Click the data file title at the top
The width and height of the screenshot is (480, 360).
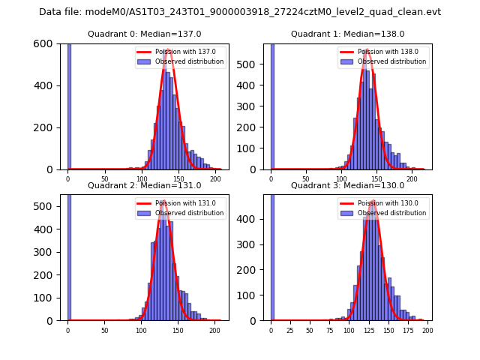click(x=240, y=12)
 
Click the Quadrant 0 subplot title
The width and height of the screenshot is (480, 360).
click(x=145, y=34)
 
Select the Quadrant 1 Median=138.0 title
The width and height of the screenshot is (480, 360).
click(x=347, y=34)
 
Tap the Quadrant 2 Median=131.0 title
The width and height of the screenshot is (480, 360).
click(x=145, y=185)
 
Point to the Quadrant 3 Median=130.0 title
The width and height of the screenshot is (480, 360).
click(x=347, y=185)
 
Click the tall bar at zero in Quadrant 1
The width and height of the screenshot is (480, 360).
click(x=271, y=106)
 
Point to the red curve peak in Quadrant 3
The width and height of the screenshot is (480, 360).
click(x=373, y=200)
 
